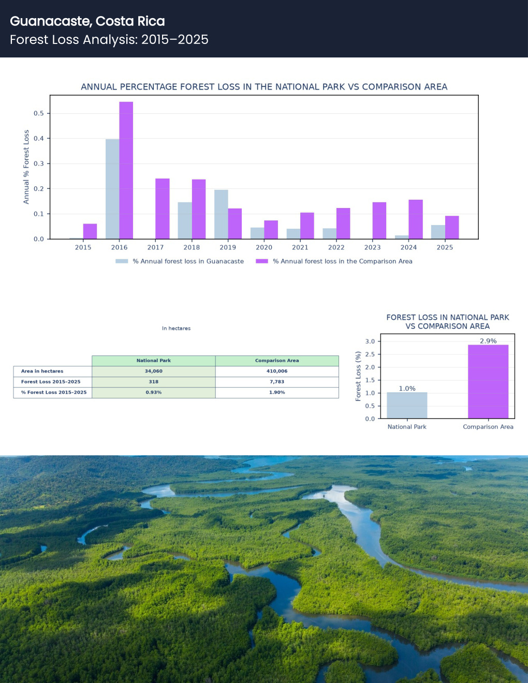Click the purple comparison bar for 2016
[126, 170]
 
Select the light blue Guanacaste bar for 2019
[221, 214]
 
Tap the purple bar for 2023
[379, 220]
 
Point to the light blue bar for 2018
[185, 220]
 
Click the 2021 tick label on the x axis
[300, 247]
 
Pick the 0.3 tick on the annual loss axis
[39, 164]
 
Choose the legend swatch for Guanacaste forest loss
[122, 261]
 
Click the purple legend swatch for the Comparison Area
[262, 261]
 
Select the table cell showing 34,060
[153, 371]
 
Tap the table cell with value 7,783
[277, 382]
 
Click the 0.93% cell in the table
[153, 393]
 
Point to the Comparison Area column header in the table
[277, 361]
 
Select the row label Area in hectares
[42, 371]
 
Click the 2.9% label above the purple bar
[488, 341]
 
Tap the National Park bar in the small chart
[407, 406]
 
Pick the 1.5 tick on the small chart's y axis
[370, 380]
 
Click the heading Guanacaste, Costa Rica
[87, 21]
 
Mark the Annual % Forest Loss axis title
[26, 167]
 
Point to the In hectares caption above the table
[176, 329]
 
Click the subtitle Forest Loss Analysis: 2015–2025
[109, 40]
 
